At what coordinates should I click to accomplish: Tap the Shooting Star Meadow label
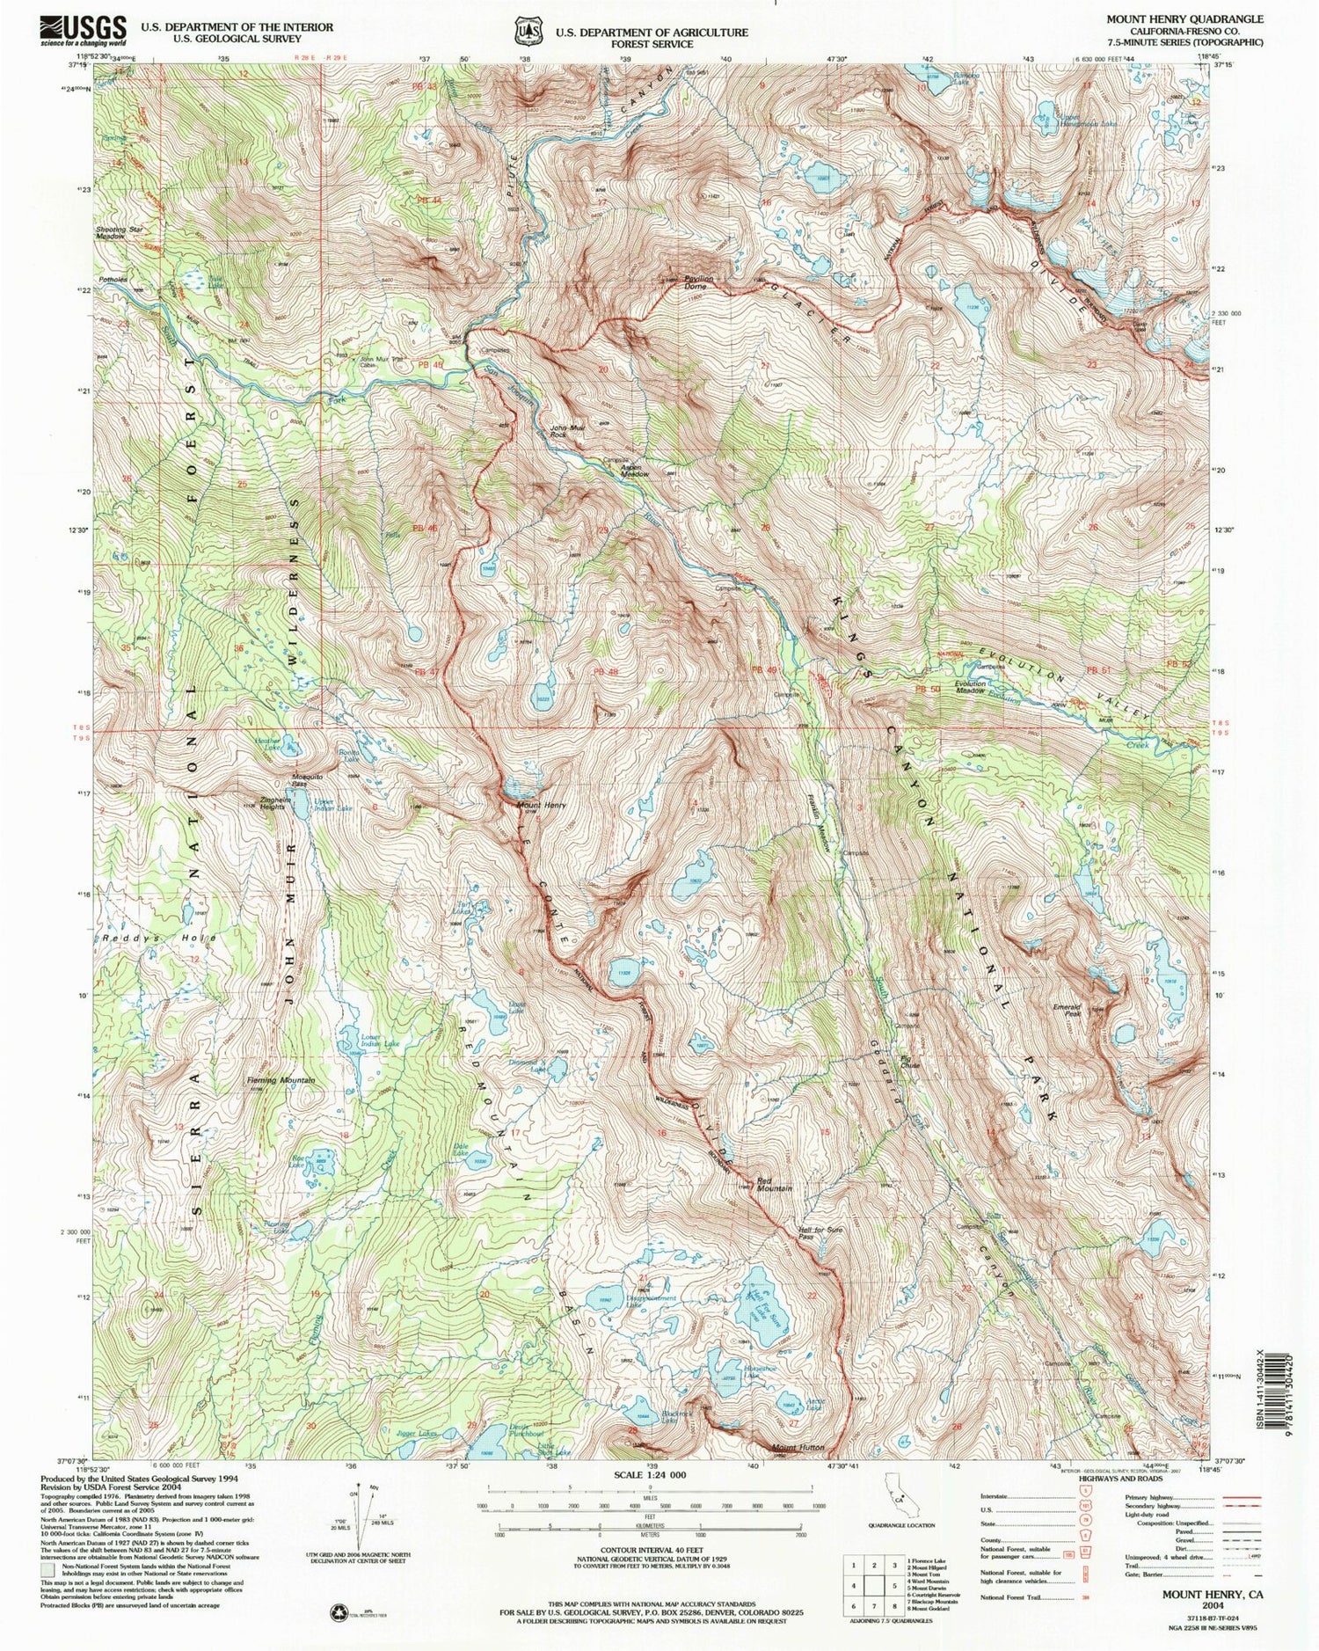(120, 233)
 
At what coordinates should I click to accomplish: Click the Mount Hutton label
(798, 1447)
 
